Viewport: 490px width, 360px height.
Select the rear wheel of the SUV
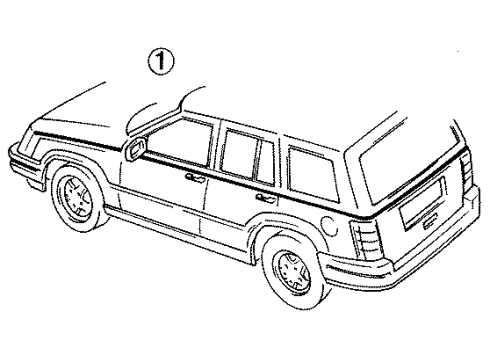[x=291, y=269]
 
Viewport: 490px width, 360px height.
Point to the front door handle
[x=196, y=179]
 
